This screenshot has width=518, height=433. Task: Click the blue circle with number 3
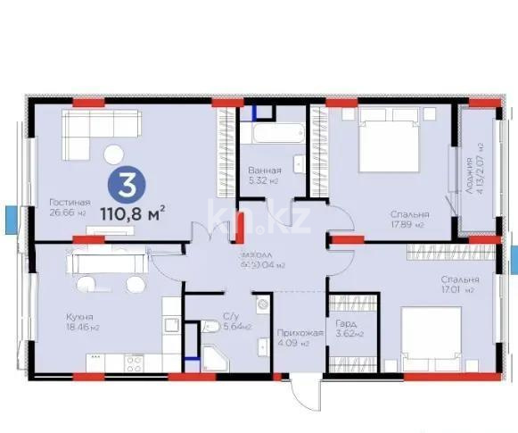pos(128,187)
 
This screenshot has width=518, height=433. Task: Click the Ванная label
pos(264,170)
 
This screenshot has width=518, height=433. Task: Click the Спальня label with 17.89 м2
pos(409,214)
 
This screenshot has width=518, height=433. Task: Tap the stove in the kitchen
pos(134,363)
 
